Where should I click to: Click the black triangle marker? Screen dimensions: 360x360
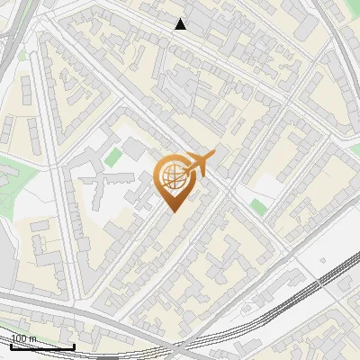tap(181, 23)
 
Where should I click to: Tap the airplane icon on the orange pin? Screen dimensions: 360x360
tap(200, 164)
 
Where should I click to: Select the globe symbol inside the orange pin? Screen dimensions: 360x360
tap(172, 177)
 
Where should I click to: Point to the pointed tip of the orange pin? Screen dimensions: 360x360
tap(172, 211)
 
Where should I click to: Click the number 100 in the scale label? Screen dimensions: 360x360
tap(20, 338)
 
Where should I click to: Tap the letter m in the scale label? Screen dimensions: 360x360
tap(33, 338)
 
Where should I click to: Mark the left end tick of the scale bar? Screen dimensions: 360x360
tap(11, 346)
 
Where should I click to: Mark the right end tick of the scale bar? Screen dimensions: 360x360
tap(74, 346)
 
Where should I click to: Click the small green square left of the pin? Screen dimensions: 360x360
tap(112, 157)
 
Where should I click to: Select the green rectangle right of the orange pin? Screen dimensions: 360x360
tap(258, 207)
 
